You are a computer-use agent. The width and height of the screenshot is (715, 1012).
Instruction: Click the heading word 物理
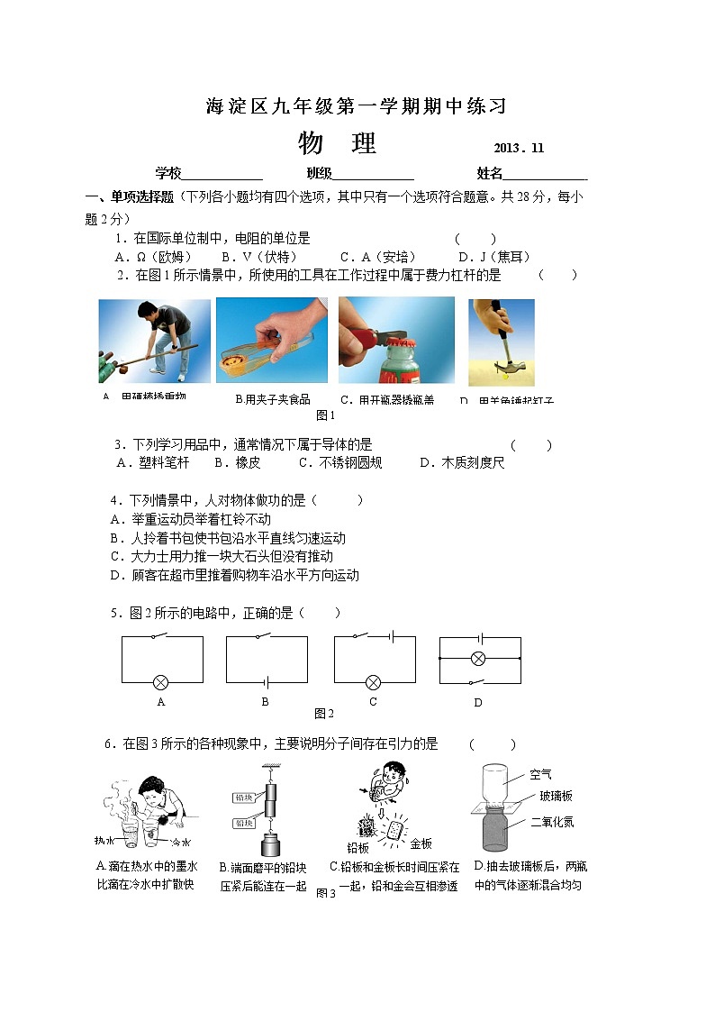click(336, 144)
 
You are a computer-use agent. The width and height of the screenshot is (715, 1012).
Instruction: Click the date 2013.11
click(519, 149)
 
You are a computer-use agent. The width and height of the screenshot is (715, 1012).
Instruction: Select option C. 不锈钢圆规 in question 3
click(340, 462)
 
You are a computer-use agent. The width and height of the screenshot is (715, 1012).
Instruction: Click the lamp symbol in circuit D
click(479, 659)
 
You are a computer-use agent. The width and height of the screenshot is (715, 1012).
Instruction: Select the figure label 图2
click(323, 713)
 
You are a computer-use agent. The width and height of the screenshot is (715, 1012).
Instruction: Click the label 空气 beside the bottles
click(541, 774)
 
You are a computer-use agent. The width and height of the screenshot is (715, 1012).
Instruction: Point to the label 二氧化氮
click(552, 822)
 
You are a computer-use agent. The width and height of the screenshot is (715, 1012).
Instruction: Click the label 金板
click(421, 844)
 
